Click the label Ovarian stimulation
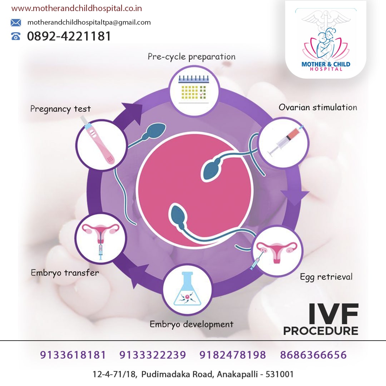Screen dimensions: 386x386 pyautogui.click(x=318, y=107)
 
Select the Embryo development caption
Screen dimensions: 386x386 pyautogui.click(x=191, y=324)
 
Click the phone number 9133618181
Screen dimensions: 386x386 pyautogui.click(x=73, y=355)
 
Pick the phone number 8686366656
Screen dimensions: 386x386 pyautogui.click(x=313, y=355)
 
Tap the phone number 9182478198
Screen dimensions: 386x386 pyautogui.click(x=233, y=355)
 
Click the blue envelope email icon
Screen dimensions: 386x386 pyautogui.click(x=16, y=23)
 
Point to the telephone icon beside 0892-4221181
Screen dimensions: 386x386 pyautogui.click(x=16, y=36)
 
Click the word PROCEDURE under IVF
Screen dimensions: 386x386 pyautogui.click(x=321, y=331)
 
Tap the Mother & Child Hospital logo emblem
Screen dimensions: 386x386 pyautogui.click(x=326, y=39)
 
